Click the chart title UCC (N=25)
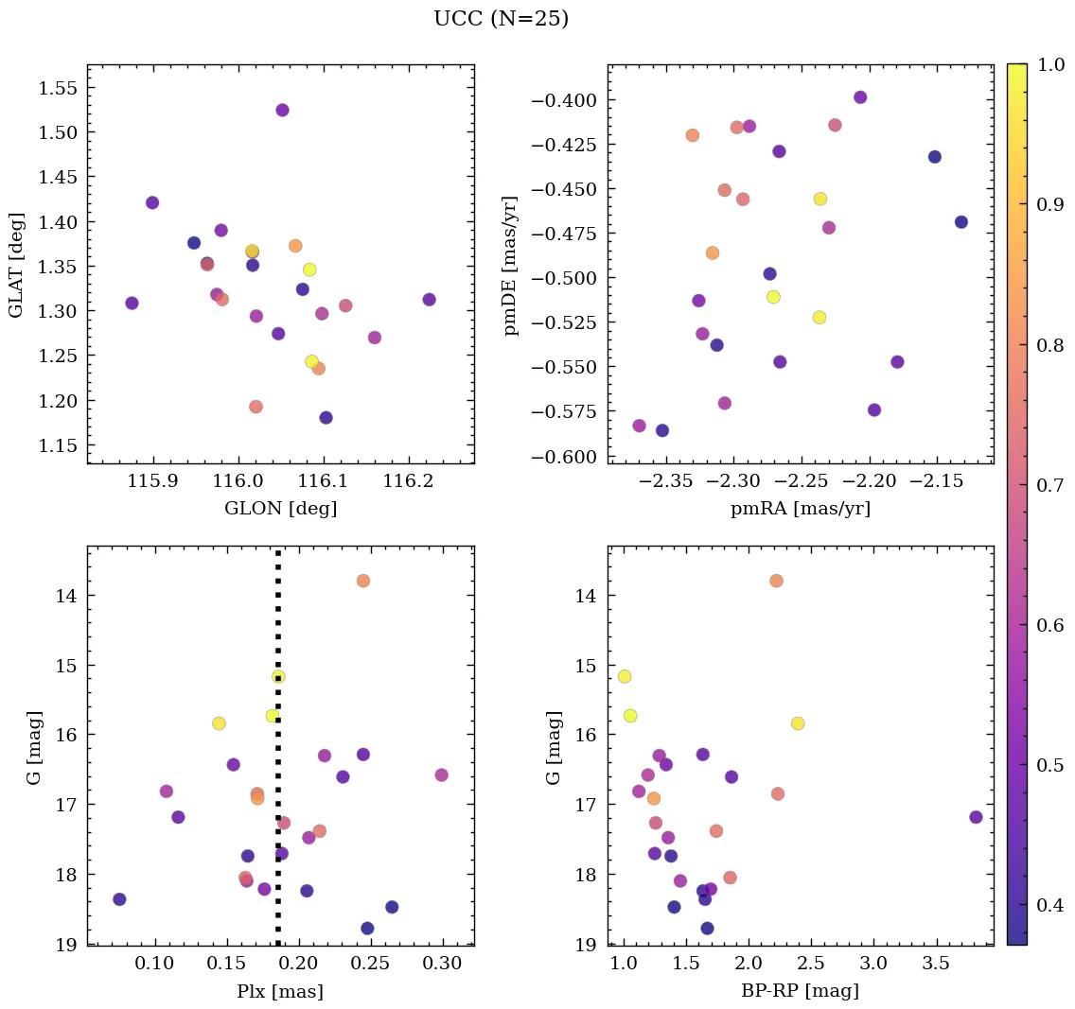501,20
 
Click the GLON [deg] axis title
280,509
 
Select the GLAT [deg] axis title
16,264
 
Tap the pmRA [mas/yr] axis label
801,509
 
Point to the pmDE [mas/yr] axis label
512,264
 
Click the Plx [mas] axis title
280,991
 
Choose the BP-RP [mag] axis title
801,991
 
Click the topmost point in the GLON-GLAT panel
282,111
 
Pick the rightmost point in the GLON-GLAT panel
429,300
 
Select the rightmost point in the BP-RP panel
976,817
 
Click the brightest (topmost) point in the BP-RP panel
776,581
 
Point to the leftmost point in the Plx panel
119,899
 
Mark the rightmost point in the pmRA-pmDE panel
961,222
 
